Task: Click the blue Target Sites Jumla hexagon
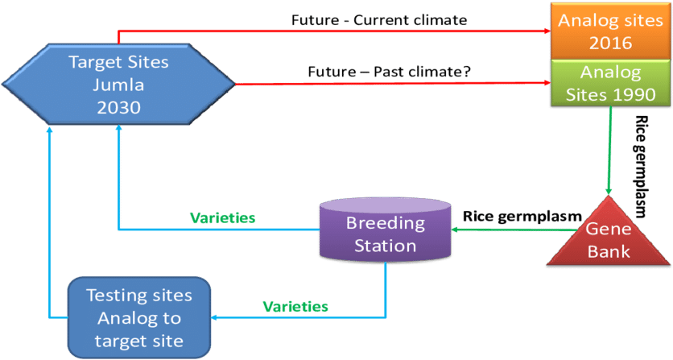tap(118, 83)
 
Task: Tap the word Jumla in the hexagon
tap(118, 85)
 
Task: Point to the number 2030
tap(118, 107)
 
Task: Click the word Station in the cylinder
tap(385, 245)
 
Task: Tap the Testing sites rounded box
tap(138, 317)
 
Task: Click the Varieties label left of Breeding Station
tap(222, 217)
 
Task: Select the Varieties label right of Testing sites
tap(295, 306)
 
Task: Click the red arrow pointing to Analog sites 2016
tap(338, 31)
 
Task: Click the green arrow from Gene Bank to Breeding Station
tap(499, 230)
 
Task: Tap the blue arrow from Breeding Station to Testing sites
tap(306, 317)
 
